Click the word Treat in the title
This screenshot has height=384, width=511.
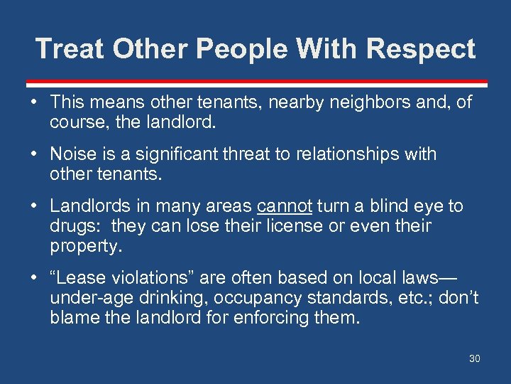70,49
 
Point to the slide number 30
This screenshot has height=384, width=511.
474,358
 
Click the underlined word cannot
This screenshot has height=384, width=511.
284,206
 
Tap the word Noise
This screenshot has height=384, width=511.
70,154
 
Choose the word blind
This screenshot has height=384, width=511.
394,206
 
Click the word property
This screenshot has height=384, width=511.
85,246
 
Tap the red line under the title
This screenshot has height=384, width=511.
255,82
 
